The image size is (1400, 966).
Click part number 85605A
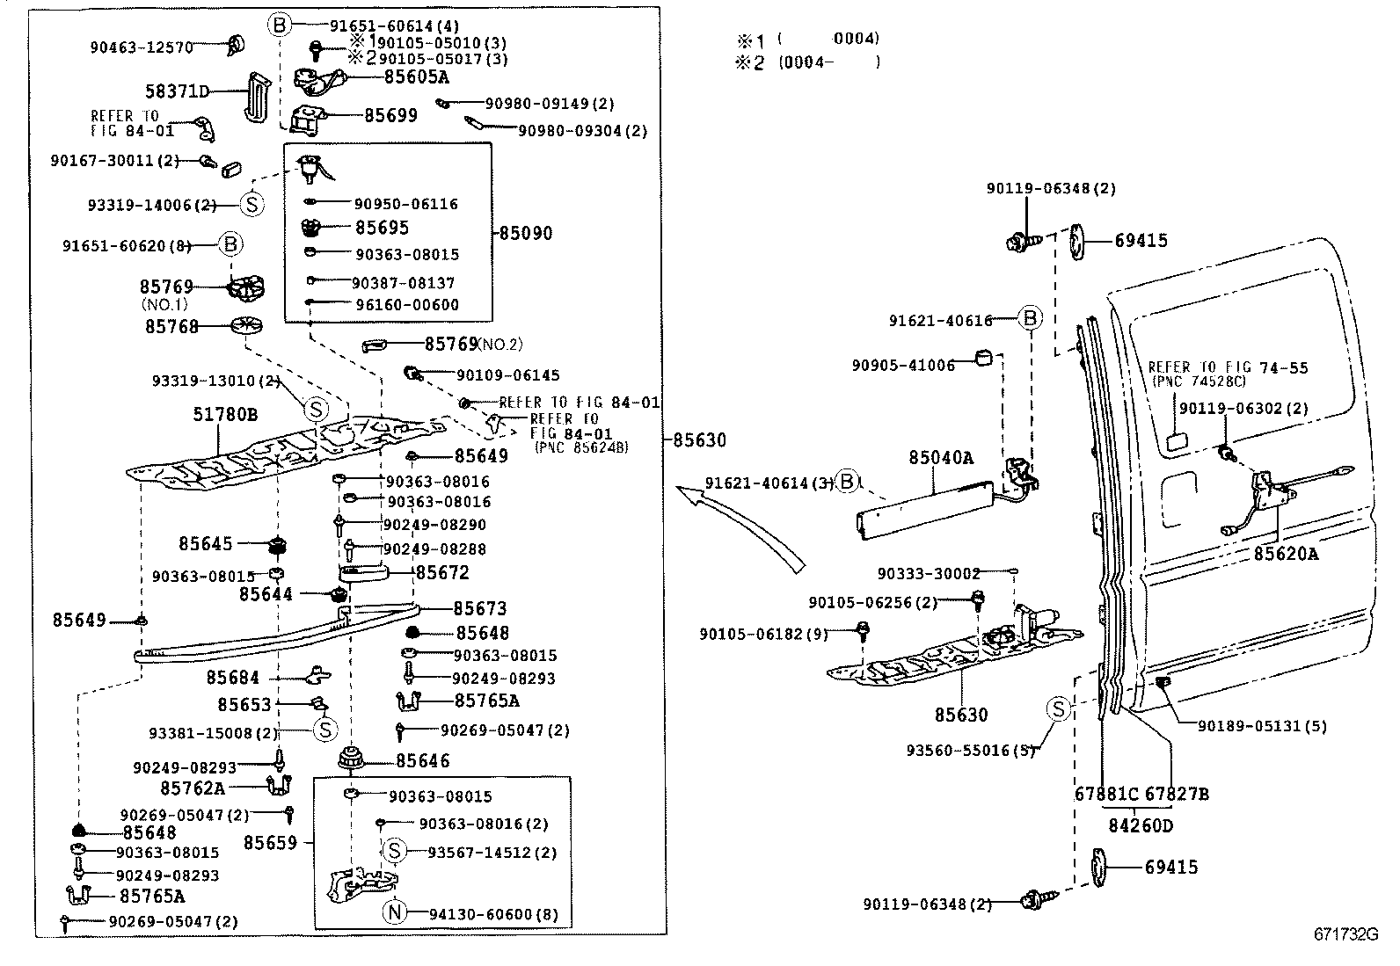(x=416, y=76)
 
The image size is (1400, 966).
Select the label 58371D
(x=178, y=91)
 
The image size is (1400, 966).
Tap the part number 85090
(x=526, y=233)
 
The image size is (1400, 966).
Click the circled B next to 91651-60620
(x=230, y=244)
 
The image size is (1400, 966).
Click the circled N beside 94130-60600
(x=395, y=913)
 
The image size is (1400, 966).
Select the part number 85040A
(x=941, y=458)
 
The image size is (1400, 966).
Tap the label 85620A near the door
(x=1286, y=554)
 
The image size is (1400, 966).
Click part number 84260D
(x=1141, y=825)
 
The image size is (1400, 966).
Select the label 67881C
(x=1106, y=794)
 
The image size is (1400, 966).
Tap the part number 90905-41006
(x=903, y=365)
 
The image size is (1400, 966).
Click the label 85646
(x=422, y=760)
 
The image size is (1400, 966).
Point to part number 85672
(x=442, y=572)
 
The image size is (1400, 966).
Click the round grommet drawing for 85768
(x=247, y=326)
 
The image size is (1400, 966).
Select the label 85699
(x=390, y=115)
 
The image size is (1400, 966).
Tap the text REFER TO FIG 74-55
(x=1228, y=367)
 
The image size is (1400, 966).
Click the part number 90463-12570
(x=141, y=47)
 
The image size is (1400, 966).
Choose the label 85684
(x=233, y=678)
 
